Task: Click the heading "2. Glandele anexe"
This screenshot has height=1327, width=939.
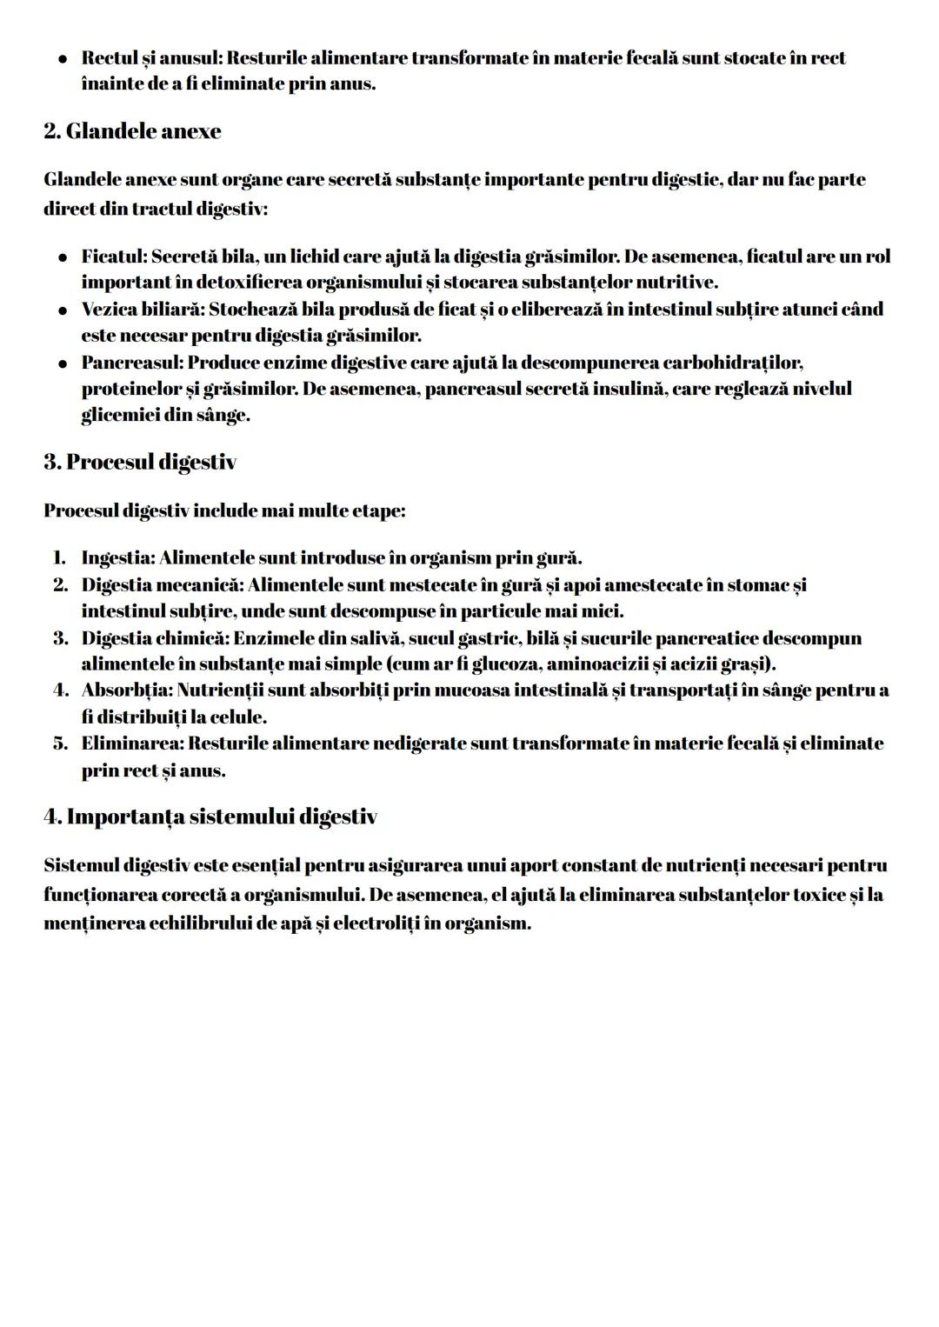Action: coord(132,131)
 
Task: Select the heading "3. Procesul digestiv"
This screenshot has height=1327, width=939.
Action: coord(140,462)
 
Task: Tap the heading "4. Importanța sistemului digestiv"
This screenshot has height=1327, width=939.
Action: coord(210,817)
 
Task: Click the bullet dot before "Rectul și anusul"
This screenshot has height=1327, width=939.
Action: coord(63,59)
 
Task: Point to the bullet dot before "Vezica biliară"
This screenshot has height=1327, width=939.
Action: coord(63,310)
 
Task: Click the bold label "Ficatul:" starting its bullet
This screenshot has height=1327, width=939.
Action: coord(114,257)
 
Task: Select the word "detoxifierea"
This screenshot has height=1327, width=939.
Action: coord(249,283)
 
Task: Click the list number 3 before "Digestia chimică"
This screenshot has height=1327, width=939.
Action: coord(60,638)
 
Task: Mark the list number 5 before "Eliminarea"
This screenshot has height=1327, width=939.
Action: coord(60,744)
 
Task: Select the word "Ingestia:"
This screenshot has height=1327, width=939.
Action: coord(118,557)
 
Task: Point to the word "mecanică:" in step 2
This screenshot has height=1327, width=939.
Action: coord(200,584)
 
